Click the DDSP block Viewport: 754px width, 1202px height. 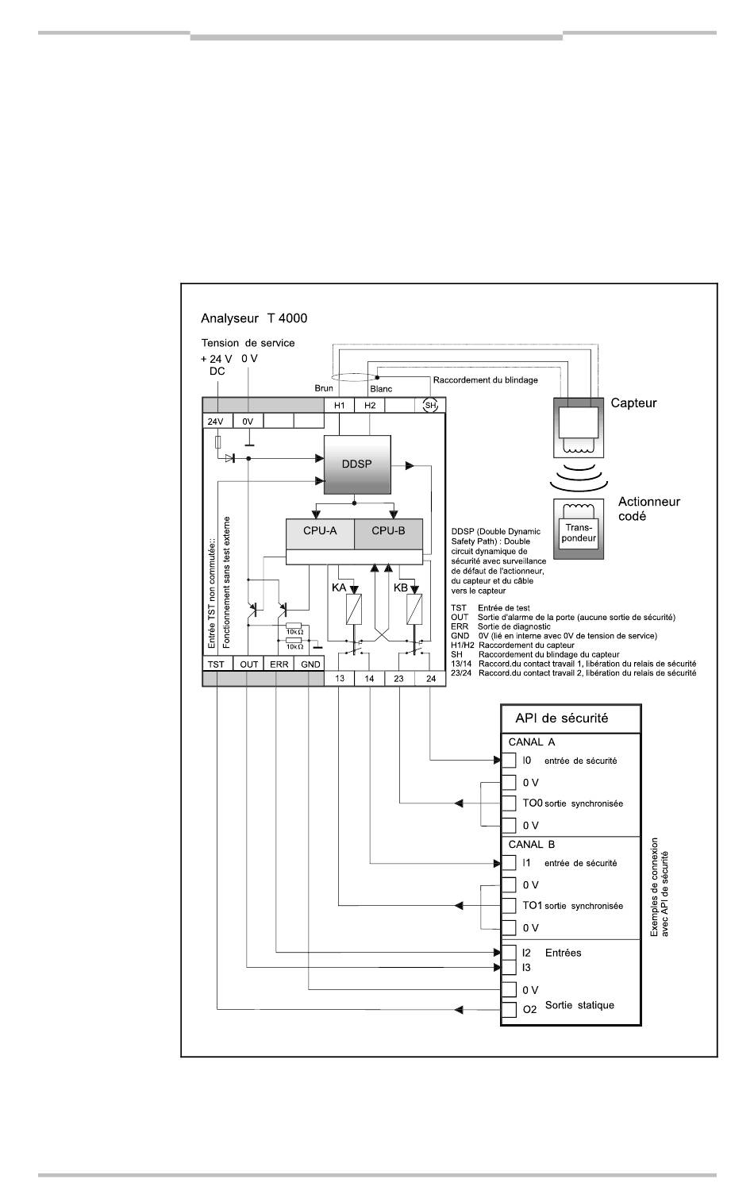357,464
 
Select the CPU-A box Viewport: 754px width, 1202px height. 320,534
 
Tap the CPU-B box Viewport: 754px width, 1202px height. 388,534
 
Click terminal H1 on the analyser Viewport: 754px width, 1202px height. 340,405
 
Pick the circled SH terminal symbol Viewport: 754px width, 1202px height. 430,405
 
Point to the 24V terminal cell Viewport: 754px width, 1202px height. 217,422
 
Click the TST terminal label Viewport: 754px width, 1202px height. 216,665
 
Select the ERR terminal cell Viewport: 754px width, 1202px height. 279,664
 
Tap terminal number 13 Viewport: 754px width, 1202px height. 340,678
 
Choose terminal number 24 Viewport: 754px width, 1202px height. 431,678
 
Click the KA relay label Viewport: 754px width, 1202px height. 338,588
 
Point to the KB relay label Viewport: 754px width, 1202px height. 401,588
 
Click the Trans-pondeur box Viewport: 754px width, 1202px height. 579,533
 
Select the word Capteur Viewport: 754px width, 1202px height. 633,403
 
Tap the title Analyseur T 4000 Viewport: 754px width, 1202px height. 254,318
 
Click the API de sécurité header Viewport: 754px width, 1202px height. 561,718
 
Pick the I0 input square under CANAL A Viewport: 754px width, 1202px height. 509,761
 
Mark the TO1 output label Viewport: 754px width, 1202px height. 532,905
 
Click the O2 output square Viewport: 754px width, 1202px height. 509,1009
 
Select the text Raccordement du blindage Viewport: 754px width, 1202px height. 485,380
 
